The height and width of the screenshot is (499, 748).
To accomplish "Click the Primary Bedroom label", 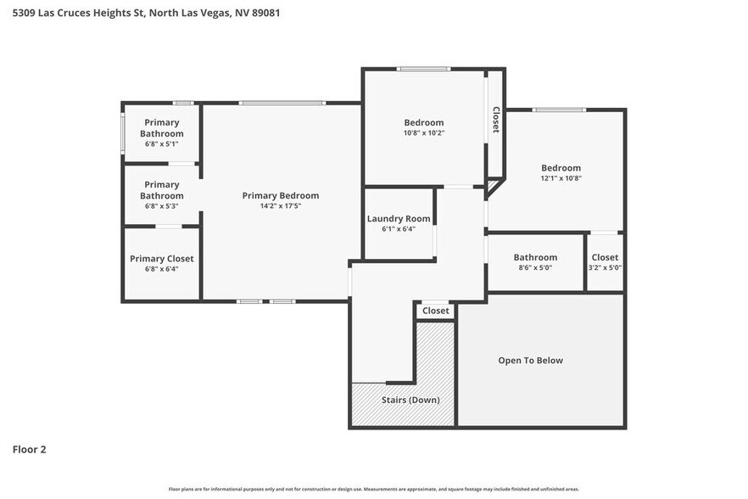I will coord(280,195).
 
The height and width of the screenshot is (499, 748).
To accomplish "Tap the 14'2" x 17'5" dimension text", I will coord(280,206).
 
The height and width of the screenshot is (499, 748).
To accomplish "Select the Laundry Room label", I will coord(399,218).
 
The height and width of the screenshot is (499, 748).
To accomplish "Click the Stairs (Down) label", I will coord(410,400).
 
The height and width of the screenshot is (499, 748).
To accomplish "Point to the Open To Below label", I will coord(530,361).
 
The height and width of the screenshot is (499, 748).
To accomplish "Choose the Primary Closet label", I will coord(161,258).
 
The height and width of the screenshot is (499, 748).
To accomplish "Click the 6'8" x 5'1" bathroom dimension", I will coord(161,144).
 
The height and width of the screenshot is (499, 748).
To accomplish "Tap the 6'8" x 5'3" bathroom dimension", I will coord(161,206).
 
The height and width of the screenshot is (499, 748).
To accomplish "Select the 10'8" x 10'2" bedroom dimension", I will coord(423,133).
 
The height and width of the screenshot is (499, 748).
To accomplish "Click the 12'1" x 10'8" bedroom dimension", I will coord(561,178).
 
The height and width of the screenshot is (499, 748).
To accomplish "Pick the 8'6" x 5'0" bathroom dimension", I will coord(535,268).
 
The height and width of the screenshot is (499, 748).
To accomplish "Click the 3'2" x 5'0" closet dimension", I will coord(605,268).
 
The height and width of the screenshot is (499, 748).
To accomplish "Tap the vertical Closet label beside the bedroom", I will coord(495,120).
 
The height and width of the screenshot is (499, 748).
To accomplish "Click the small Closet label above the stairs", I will coord(435,311).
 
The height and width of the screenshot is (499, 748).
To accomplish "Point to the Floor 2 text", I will coord(29,449).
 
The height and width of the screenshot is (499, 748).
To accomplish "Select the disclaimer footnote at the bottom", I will coord(373,490).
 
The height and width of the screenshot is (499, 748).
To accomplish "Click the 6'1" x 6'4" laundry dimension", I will coord(399,228).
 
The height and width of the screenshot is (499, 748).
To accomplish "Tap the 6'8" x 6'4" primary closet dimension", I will coord(161,269).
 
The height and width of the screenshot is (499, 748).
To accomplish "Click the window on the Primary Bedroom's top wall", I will coord(281,104).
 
